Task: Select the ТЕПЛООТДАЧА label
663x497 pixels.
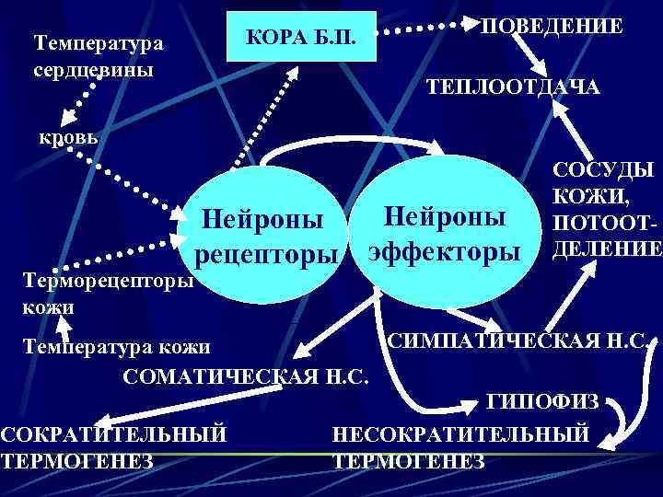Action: click(512, 87)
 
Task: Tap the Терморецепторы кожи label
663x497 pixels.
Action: click(96, 290)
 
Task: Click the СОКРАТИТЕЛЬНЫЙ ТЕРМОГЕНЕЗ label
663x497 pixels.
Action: click(112, 446)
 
